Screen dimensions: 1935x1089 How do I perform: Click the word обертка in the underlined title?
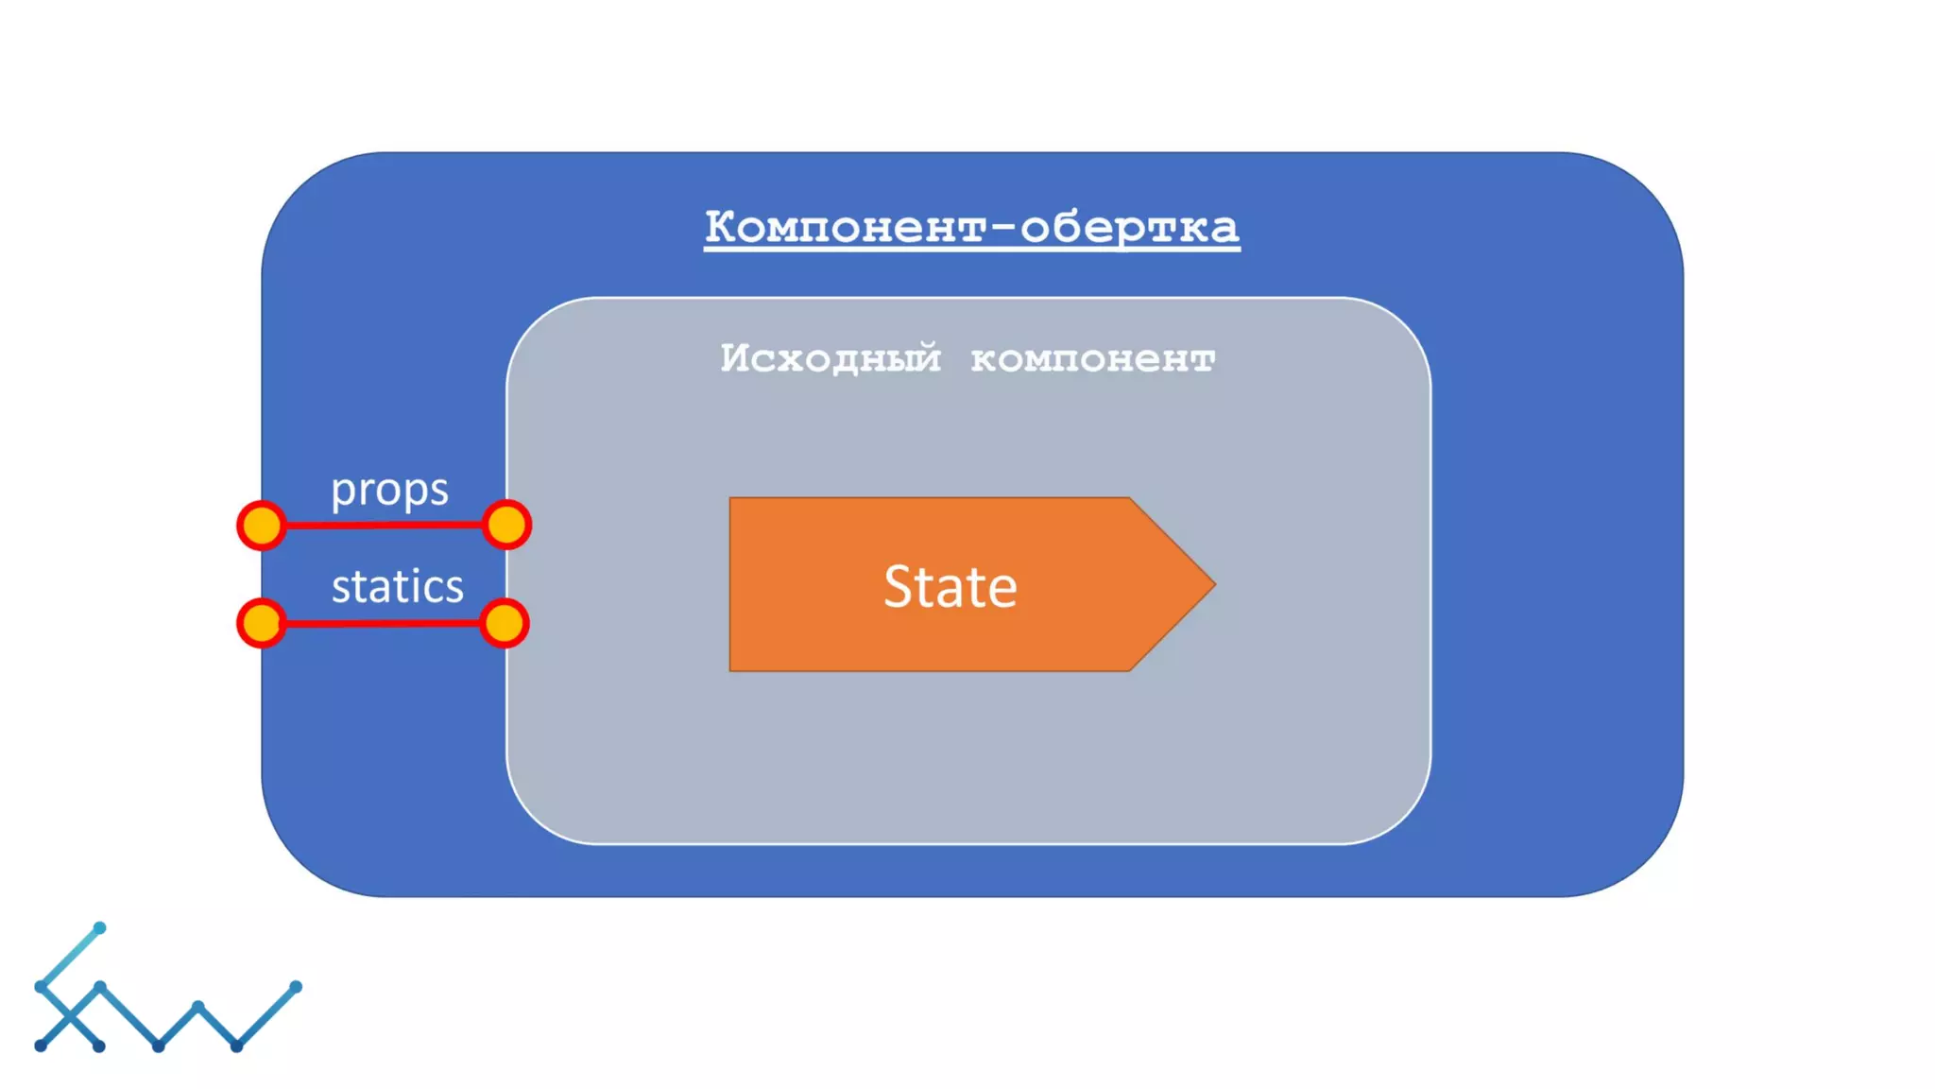(1130, 227)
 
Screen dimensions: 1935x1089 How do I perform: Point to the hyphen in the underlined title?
(1004, 227)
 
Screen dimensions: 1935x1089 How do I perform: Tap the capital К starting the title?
(720, 226)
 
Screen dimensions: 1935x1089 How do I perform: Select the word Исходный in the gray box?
(831, 358)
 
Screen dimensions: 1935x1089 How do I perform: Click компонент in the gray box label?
(1093, 359)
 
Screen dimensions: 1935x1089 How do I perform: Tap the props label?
(389, 490)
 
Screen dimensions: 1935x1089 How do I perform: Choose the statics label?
(398, 586)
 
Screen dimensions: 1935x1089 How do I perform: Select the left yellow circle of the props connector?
(262, 526)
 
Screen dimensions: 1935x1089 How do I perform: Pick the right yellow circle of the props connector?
(507, 525)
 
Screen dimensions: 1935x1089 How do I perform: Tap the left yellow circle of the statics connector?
(261, 623)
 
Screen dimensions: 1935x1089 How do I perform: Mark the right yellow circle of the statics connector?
(505, 623)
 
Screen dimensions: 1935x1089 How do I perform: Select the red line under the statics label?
(383, 623)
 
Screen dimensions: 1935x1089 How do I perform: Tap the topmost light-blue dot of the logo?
(99, 928)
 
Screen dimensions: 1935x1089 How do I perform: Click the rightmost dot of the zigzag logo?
(296, 987)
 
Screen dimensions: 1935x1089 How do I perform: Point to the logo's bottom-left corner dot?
(41, 1046)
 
